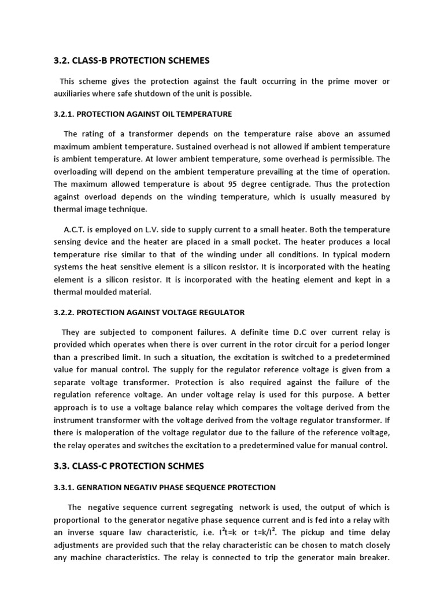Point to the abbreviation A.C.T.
pyautogui.click(x=76, y=230)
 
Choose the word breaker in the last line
pyautogui.click(x=372, y=557)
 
